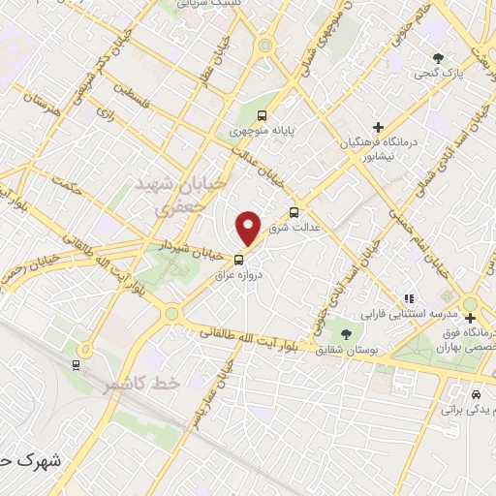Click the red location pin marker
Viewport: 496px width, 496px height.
coord(249,229)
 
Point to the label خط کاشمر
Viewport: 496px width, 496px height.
coord(141,385)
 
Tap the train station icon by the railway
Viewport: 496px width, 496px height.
coord(77,363)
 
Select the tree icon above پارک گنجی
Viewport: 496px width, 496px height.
coord(439,57)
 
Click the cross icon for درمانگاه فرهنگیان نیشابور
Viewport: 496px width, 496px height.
coord(378,127)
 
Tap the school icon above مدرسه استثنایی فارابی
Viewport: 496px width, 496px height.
coord(408,298)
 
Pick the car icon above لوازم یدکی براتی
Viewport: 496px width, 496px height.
coord(475,395)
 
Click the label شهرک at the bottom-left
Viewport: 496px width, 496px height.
coord(20,462)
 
